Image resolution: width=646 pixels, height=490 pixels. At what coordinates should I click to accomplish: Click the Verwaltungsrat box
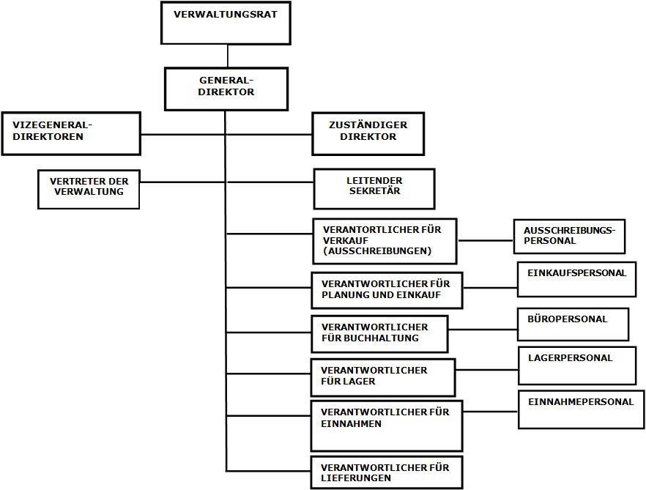(x=226, y=23)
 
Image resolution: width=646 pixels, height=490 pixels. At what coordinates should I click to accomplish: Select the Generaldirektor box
(x=226, y=89)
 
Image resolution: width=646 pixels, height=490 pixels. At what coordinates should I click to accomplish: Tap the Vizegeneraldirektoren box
(x=71, y=133)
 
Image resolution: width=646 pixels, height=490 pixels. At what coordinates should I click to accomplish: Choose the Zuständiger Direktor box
(x=368, y=133)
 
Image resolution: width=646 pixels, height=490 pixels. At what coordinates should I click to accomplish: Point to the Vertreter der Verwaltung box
(x=89, y=189)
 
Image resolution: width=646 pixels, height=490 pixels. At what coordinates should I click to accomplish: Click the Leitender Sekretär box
(x=374, y=189)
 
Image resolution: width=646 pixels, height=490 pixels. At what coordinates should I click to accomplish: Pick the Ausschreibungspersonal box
(x=569, y=236)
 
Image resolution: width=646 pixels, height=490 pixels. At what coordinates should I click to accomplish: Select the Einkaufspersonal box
(x=577, y=279)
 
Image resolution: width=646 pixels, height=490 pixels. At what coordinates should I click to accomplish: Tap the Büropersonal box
(x=573, y=324)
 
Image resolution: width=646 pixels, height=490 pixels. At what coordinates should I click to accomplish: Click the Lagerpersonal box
(x=577, y=365)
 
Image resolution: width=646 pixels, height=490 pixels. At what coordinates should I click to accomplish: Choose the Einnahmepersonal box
(x=582, y=409)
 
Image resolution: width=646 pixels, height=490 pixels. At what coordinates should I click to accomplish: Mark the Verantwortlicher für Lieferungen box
(x=387, y=472)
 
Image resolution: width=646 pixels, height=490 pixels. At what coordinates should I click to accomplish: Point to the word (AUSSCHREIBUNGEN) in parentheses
(x=377, y=251)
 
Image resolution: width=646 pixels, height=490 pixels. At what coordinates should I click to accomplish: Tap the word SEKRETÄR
(x=374, y=191)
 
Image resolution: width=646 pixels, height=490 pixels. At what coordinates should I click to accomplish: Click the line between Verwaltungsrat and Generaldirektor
(x=227, y=56)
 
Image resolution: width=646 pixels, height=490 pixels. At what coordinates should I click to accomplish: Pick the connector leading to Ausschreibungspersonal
(x=486, y=240)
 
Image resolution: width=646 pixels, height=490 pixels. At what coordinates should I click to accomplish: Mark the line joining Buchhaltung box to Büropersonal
(x=483, y=330)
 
